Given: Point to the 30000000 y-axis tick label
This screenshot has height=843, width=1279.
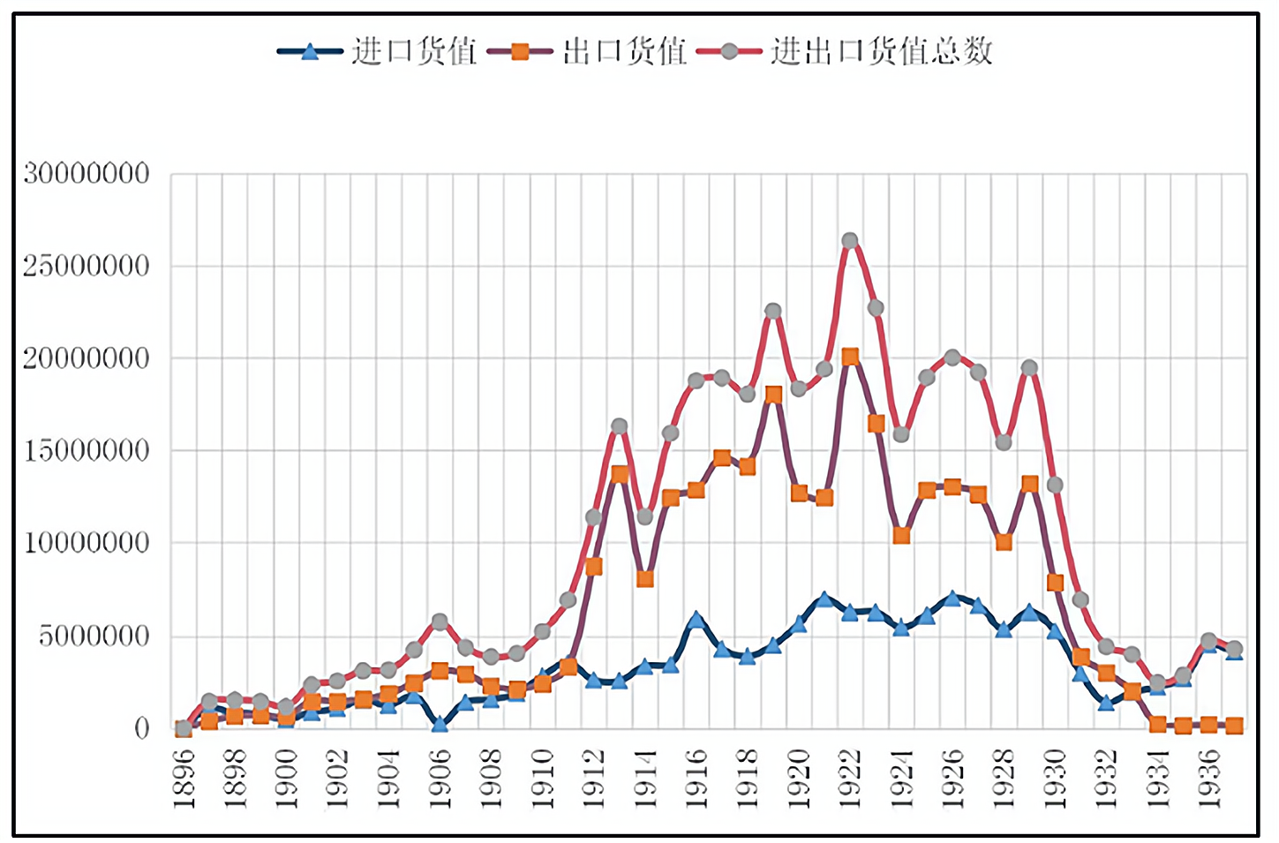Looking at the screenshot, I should coord(87,173).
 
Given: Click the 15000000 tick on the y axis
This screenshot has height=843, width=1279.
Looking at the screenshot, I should coord(87,450).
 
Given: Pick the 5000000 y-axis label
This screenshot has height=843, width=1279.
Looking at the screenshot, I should coord(94,636).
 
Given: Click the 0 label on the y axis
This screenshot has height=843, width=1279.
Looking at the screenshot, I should coord(141,728).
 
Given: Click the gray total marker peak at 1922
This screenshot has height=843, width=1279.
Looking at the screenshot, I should coord(850,241).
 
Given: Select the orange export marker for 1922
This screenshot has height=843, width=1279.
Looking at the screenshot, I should coord(850,357).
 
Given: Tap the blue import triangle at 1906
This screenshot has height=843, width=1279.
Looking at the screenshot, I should coord(440,724).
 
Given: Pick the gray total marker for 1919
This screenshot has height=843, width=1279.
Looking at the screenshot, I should coord(773,311).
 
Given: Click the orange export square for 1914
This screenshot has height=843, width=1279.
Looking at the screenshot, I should coord(644,579).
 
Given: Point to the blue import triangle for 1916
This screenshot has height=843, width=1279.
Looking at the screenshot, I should coord(696,620).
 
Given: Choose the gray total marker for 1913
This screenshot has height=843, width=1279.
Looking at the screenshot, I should coord(619,426).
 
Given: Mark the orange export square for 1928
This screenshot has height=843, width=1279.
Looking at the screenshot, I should coord(1004,542).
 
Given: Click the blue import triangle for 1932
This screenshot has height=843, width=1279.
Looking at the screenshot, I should coord(1106,703).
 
